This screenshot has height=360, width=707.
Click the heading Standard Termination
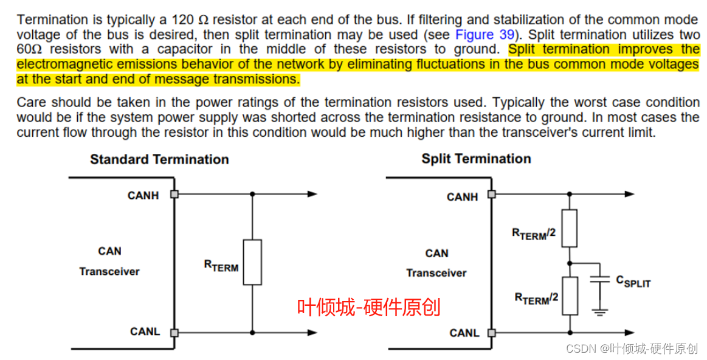159,159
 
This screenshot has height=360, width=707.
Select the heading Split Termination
476,159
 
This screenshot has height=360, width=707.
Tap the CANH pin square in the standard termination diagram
174,195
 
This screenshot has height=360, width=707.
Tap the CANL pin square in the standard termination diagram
174,333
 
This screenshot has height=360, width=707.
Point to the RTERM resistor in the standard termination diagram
252,262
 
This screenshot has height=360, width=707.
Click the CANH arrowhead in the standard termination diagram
312,195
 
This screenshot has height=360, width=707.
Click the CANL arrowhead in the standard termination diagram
312,333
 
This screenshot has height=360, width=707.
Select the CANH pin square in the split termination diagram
492,195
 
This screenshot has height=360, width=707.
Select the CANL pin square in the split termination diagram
492,333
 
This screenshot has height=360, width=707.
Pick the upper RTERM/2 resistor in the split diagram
569,228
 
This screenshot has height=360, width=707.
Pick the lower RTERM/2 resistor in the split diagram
569,296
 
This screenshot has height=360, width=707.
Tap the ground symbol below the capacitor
600,313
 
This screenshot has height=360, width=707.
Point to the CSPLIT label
633,282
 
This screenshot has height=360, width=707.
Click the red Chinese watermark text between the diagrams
368,307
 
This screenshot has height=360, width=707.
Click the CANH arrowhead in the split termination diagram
630,195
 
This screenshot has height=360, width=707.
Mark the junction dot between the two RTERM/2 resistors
569,263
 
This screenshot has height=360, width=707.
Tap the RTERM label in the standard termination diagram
221,266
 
